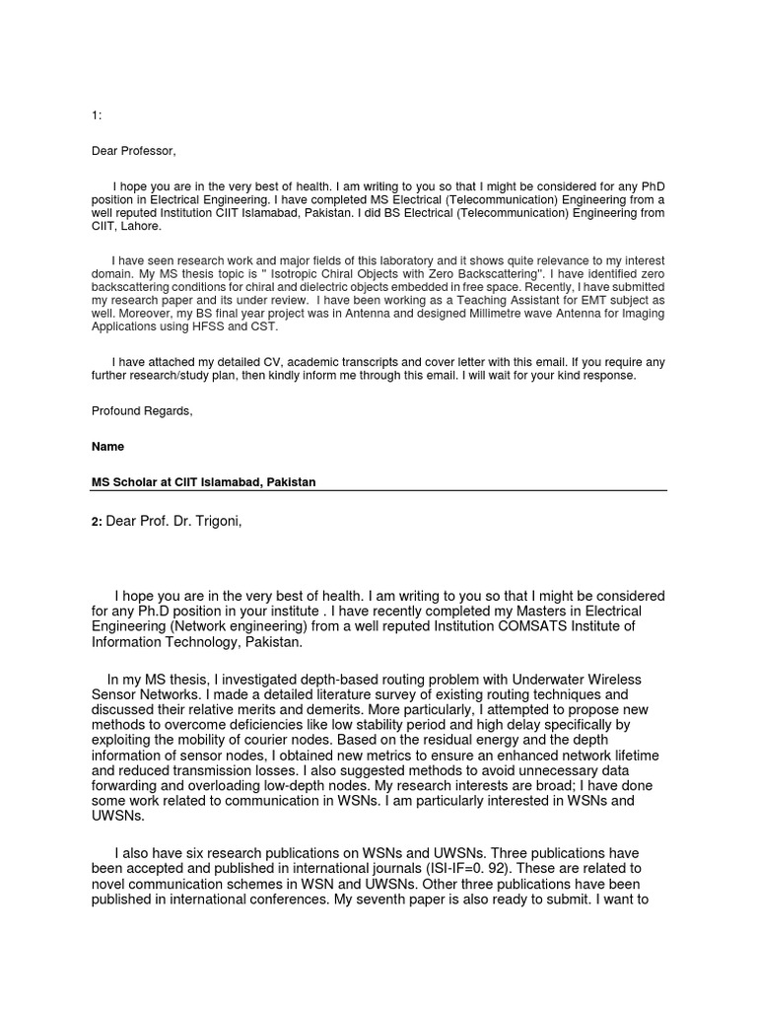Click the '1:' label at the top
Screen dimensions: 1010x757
(x=97, y=116)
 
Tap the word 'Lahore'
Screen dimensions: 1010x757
(x=144, y=225)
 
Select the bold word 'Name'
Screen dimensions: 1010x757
(x=107, y=447)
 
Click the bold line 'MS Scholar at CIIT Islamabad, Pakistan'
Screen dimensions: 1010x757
(x=204, y=481)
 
